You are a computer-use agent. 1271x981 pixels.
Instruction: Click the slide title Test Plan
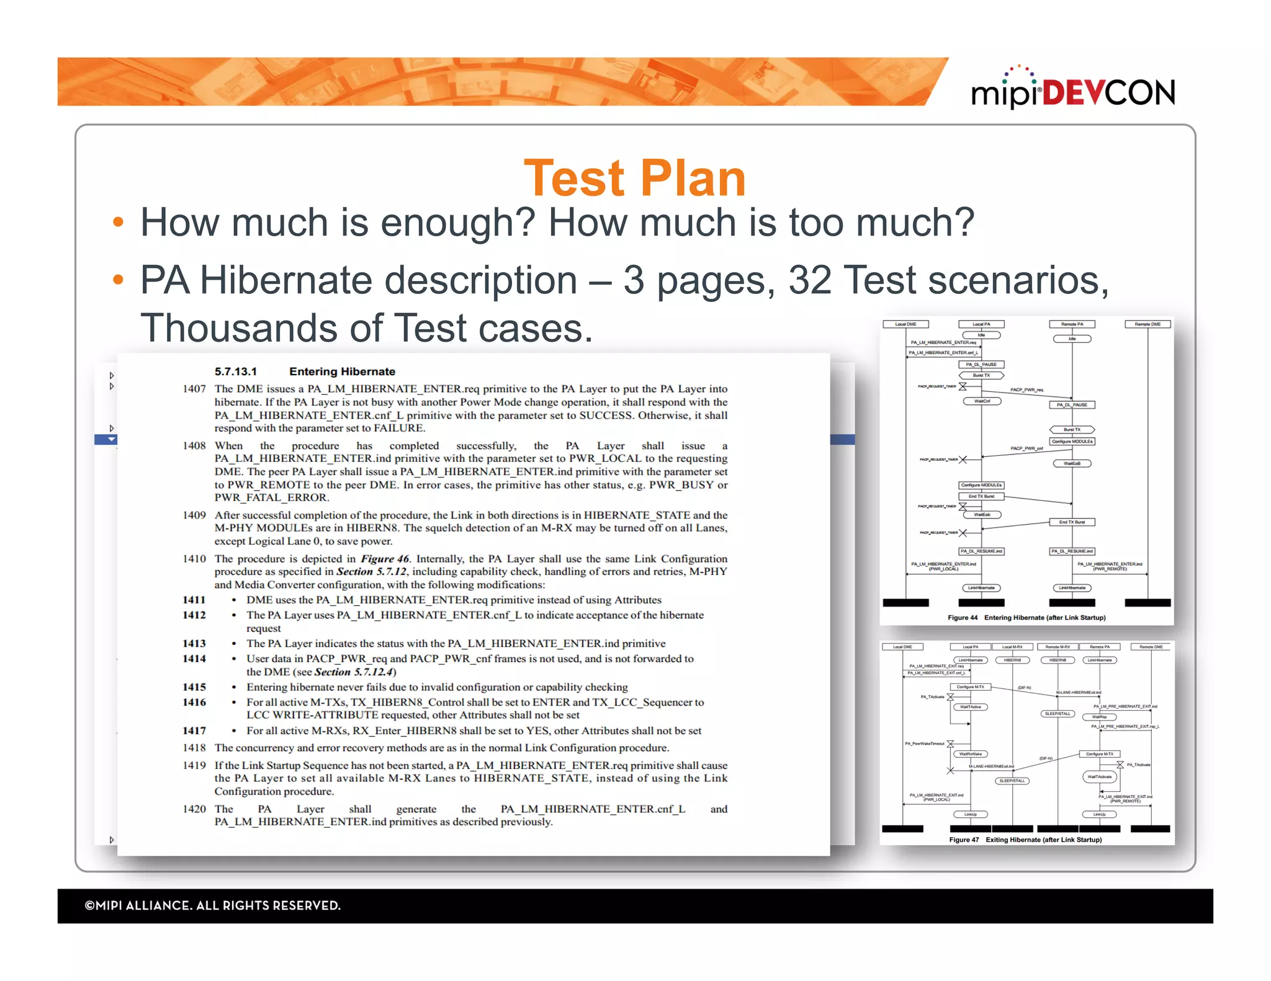click(x=634, y=179)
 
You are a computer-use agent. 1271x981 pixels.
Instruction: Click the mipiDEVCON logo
click(x=1072, y=91)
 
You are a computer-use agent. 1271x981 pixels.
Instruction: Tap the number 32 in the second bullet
click(x=809, y=280)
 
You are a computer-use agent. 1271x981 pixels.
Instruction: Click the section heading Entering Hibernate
click(x=342, y=371)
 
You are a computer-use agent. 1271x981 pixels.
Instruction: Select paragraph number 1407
click(x=194, y=389)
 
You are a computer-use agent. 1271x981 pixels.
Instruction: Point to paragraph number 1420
click(x=194, y=809)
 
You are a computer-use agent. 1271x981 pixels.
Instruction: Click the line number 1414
click(x=194, y=659)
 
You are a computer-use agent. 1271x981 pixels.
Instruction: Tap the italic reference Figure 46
click(x=385, y=559)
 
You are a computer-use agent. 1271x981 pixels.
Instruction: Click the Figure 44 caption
click(x=1026, y=618)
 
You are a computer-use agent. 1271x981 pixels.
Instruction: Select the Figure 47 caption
click(x=1025, y=840)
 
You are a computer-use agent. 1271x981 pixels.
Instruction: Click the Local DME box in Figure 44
click(x=905, y=324)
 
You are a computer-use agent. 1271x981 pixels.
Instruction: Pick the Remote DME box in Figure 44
click(x=1147, y=324)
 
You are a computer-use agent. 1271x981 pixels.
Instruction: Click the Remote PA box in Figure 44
click(x=1072, y=324)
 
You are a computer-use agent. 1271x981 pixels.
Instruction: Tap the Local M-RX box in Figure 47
click(x=1012, y=647)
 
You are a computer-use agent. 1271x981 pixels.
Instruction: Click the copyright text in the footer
click(x=213, y=905)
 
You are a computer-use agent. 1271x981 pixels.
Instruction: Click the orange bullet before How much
click(x=118, y=222)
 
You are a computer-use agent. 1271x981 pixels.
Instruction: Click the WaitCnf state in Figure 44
click(x=982, y=401)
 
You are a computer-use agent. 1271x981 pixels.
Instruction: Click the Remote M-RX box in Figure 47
click(x=1058, y=647)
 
